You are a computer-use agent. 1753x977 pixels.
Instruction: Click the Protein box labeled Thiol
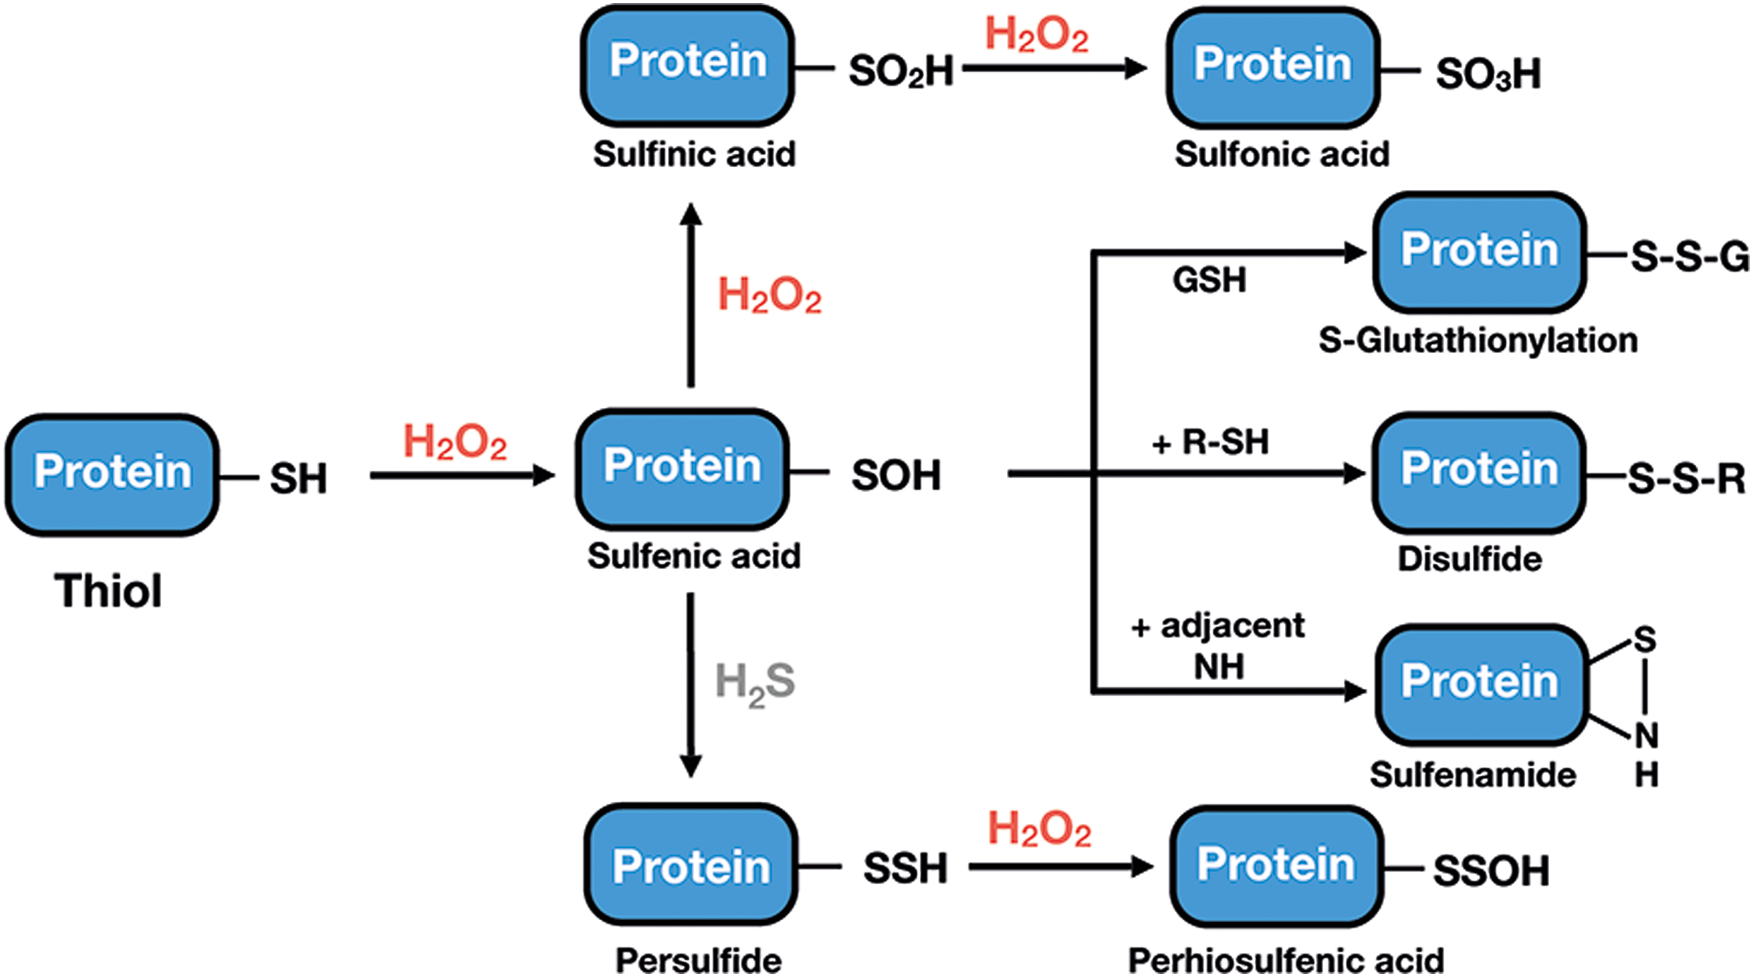tap(112, 475)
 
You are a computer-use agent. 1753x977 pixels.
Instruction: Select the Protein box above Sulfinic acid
tap(687, 65)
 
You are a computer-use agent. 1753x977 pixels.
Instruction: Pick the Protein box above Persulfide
tap(691, 864)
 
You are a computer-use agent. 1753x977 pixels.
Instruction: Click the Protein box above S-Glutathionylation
tap(1480, 253)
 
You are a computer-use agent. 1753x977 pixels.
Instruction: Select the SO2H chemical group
tap(901, 71)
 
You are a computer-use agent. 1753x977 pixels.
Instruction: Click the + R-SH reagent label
tap(1211, 442)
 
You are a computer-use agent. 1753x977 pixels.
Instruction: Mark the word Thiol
tap(108, 591)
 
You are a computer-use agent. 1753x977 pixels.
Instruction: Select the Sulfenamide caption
tap(1473, 775)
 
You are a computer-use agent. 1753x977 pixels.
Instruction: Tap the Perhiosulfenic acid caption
tap(1286, 961)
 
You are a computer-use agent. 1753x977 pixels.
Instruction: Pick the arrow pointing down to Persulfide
tap(691, 685)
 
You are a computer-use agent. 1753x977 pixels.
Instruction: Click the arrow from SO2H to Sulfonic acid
tap(1055, 68)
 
